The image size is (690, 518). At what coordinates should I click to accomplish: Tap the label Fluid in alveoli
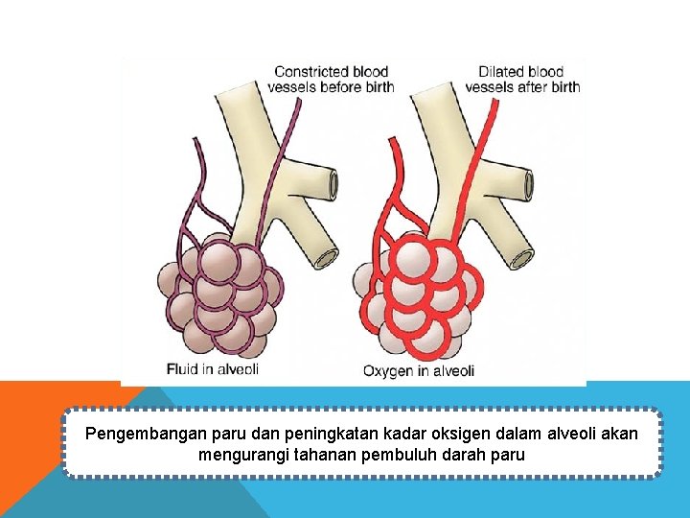click(213, 367)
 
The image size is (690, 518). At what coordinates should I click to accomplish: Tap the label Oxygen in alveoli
click(419, 370)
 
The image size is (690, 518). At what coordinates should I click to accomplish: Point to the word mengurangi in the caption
click(240, 455)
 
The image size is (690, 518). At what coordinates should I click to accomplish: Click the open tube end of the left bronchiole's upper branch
click(332, 182)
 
